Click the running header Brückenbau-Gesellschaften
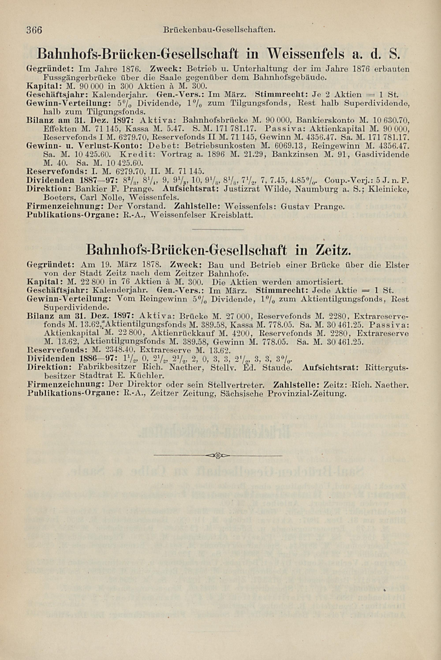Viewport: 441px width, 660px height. (x=219, y=29)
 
